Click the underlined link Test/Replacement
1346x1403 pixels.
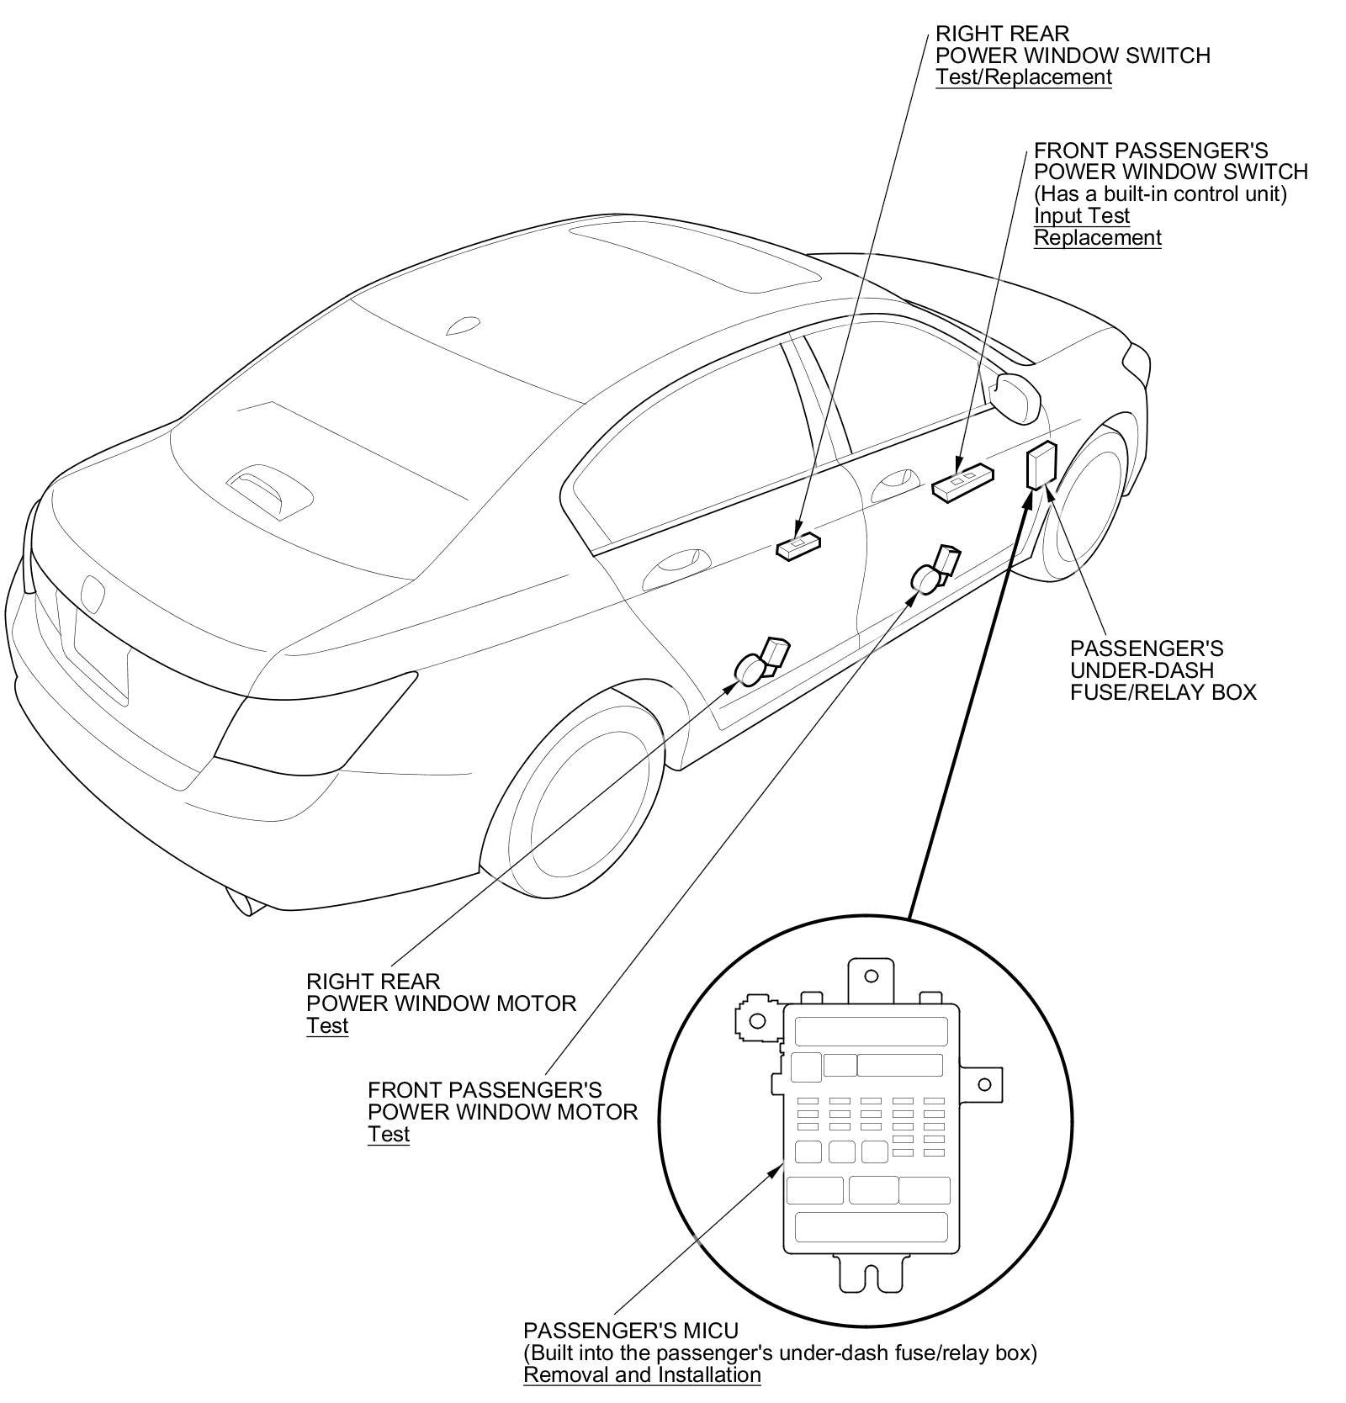pos(1024,77)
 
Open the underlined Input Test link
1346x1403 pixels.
pos(1081,215)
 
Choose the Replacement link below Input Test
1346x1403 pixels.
pos(1097,237)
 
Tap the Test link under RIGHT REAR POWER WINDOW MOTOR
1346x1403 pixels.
pos(327,1026)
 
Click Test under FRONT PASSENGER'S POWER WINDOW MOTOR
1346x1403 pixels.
pos(389,1135)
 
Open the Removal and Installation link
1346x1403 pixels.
pos(642,1375)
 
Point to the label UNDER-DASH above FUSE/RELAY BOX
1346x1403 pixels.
pos(1142,670)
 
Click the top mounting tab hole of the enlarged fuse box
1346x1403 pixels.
pos(871,976)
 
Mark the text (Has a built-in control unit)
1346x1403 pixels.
pos(1160,193)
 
